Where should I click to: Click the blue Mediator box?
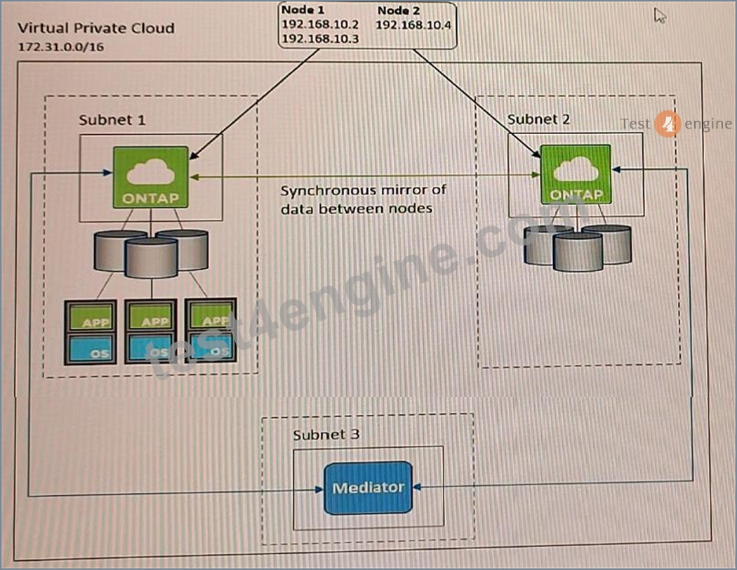click(x=368, y=488)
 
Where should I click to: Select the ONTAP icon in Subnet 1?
click(x=151, y=177)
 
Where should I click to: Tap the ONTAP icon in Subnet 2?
click(x=576, y=174)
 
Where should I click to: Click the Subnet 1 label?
click(x=112, y=120)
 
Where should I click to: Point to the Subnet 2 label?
click(x=538, y=119)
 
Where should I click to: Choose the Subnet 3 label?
click(x=326, y=435)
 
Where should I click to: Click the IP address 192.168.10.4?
click(x=413, y=25)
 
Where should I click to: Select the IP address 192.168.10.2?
click(x=320, y=25)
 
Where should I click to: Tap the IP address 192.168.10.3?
click(x=320, y=39)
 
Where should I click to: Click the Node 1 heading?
click(x=303, y=10)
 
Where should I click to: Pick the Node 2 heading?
click(x=399, y=10)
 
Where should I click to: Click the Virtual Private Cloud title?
click(x=96, y=28)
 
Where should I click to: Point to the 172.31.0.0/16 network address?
click(x=60, y=47)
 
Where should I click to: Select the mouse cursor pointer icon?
click(x=660, y=15)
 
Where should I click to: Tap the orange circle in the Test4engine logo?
click(x=668, y=124)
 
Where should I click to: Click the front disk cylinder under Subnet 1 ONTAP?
click(x=152, y=258)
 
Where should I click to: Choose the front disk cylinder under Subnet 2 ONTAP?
click(x=578, y=252)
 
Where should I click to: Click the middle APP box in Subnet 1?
click(x=151, y=316)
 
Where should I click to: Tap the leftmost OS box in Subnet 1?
click(x=91, y=348)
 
